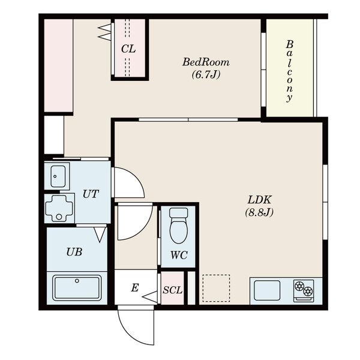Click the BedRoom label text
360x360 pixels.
click(x=206, y=62)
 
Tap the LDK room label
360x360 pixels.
click(x=259, y=200)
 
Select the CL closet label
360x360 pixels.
click(x=128, y=49)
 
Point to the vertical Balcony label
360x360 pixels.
click(x=290, y=71)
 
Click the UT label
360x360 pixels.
click(x=91, y=194)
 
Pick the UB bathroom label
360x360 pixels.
click(x=74, y=252)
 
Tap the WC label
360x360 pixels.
click(x=179, y=255)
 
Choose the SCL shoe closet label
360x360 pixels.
click(x=172, y=290)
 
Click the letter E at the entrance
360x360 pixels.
click(x=135, y=287)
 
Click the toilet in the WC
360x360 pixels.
click(x=178, y=226)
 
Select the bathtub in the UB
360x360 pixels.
click(x=77, y=287)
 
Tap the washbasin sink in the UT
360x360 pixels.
click(x=58, y=176)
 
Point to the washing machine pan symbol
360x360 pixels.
click(x=59, y=208)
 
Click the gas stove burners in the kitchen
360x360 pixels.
click(x=304, y=290)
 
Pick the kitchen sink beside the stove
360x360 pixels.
click(x=267, y=290)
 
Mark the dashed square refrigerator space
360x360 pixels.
click(x=216, y=288)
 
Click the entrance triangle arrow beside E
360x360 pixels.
click(x=150, y=297)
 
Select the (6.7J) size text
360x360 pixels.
click(x=206, y=74)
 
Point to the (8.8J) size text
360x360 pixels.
click(x=259, y=212)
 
